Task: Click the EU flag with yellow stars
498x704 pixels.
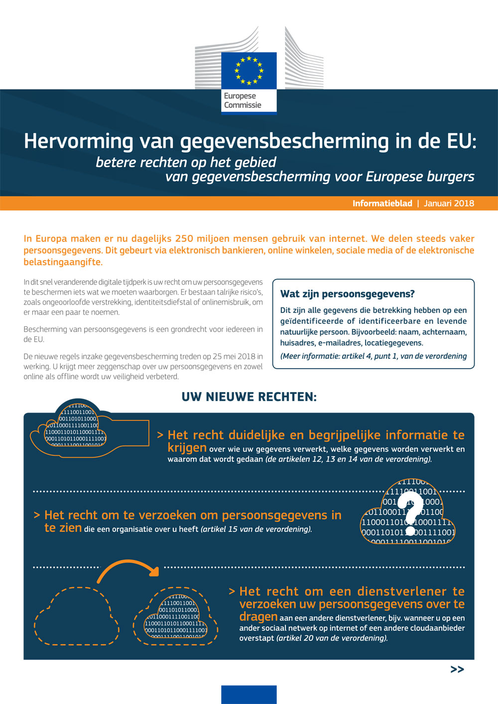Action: coord(249,70)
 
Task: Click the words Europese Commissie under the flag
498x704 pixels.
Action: coord(243,101)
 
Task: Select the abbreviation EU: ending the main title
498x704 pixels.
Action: coord(461,141)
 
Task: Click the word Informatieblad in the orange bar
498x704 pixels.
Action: coord(382,203)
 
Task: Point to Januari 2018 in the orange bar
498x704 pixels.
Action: coord(449,203)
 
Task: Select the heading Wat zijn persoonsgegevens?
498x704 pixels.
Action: coord(347,294)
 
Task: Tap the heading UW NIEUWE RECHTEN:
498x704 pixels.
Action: coord(249,397)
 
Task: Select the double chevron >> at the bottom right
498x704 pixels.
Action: coord(457,670)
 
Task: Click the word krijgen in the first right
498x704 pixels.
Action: coord(187,448)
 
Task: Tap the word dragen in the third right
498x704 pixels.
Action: coord(258,617)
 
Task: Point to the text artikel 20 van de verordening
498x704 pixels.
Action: coord(332,638)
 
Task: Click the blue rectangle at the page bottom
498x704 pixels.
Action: coord(249,695)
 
